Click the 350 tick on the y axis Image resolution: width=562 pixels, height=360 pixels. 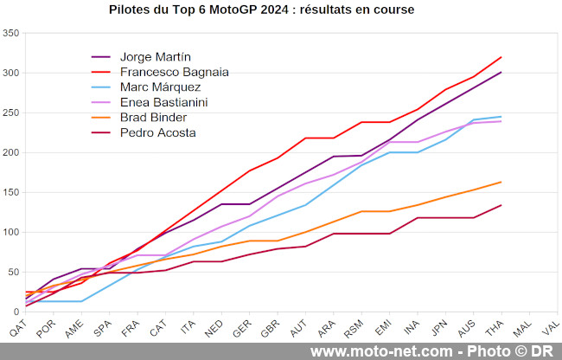[11, 34]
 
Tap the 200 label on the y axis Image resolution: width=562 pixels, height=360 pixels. [11, 153]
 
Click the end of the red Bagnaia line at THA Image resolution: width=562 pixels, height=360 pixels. [501, 57]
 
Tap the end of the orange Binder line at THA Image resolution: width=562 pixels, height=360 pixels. [501, 182]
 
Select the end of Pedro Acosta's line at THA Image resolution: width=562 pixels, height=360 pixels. [501, 205]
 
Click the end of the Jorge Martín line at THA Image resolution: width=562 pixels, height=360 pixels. [501, 72]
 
